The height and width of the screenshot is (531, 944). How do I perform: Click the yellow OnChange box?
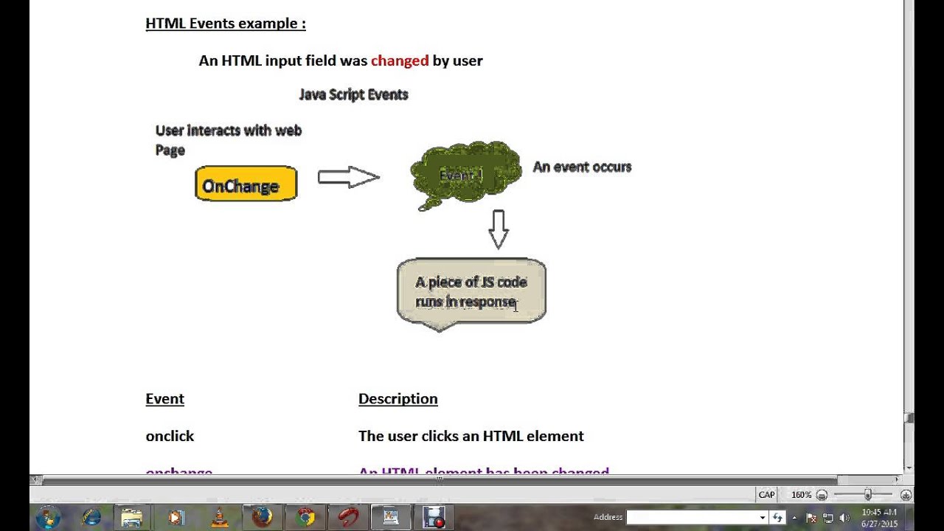246,184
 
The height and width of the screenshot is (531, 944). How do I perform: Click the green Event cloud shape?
465,175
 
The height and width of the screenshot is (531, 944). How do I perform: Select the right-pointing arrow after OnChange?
348,177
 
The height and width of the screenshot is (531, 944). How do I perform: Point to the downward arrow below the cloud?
499,229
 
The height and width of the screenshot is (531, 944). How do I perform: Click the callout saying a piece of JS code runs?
471,291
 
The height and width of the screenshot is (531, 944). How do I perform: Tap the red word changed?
399,60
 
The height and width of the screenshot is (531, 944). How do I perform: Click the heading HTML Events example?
225,23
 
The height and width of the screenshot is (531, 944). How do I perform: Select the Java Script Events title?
353,94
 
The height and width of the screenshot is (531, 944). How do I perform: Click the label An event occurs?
582,167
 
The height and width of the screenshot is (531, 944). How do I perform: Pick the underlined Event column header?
164,398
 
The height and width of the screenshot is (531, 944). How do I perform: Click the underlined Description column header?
398,398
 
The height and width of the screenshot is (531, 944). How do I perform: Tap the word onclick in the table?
170,436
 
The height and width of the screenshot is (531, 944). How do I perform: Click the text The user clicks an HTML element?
471,436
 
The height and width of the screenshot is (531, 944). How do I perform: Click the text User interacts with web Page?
228,139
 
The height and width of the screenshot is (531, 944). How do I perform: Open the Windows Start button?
48,517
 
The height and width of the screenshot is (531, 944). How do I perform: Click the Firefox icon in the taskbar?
262,517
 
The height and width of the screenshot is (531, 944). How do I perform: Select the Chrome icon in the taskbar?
305,517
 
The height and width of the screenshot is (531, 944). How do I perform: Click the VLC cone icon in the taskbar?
219,517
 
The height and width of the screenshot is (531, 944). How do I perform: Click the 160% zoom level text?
801,495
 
